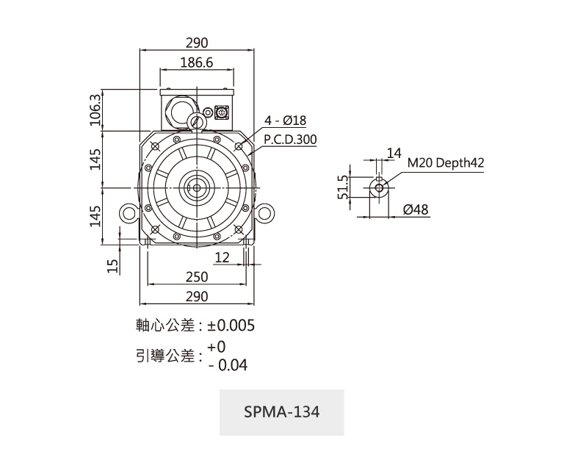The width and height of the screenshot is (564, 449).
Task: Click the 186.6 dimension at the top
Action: coord(196,63)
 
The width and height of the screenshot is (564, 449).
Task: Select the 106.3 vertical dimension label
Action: coord(95,109)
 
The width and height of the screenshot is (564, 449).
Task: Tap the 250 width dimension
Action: coord(196,277)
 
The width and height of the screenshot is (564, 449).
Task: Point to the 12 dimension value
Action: coord(222,256)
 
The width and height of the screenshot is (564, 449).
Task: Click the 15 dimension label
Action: coord(112,265)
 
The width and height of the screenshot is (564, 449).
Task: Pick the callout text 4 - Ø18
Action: coord(286,121)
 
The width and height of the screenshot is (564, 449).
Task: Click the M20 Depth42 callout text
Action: coord(445,163)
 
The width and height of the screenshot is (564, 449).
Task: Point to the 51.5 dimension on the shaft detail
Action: coord(342,188)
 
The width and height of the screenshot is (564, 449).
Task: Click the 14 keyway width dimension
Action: coord(394,153)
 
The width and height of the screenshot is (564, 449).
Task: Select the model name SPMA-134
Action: coord(282,412)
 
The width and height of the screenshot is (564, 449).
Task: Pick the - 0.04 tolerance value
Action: coord(228,364)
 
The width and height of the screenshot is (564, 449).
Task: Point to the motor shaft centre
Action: coord(196,187)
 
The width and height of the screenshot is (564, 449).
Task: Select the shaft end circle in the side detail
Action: coord(379,187)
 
